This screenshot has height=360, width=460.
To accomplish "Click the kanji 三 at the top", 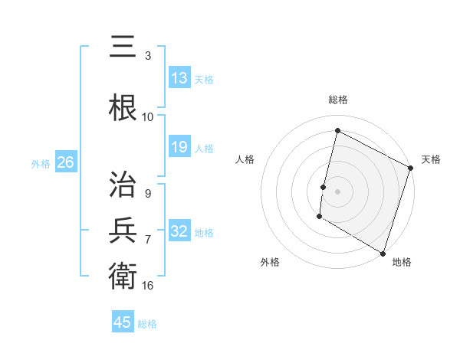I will pyautogui.click(x=123, y=47).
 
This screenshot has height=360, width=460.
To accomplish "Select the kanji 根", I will pyautogui.click(x=123, y=106).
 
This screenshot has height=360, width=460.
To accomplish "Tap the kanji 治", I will pyautogui.click(x=123, y=184).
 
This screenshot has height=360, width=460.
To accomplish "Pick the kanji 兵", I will pyautogui.click(x=123, y=229).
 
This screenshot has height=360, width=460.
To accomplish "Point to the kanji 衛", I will pyautogui.click(x=123, y=274).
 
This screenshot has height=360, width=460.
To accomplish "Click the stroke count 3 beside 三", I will pyautogui.click(x=147, y=56).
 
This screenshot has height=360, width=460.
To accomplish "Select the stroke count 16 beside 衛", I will pyautogui.click(x=148, y=285).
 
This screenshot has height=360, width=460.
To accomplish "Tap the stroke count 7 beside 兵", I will pyautogui.click(x=147, y=240).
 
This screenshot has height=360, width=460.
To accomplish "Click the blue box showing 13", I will pyautogui.click(x=179, y=78).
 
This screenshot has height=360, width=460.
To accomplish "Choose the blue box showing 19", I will pyautogui.click(x=179, y=147).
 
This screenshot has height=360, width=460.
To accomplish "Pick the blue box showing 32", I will pyautogui.click(x=179, y=231).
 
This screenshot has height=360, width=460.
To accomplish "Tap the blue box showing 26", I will pyautogui.click(x=65, y=163).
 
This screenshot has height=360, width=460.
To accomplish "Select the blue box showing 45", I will pyautogui.click(x=123, y=322).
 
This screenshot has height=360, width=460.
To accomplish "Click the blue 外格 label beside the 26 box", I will pyautogui.click(x=41, y=164).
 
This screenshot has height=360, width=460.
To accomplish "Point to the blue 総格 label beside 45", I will pyautogui.click(x=147, y=324).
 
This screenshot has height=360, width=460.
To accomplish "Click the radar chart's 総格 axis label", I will pyautogui.click(x=337, y=100).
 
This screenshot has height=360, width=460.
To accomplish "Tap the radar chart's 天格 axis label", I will pyautogui.click(x=431, y=159).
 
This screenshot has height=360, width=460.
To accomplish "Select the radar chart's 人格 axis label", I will pyautogui.click(x=245, y=159).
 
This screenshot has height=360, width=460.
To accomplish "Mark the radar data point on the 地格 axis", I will pyautogui.click(x=382, y=252).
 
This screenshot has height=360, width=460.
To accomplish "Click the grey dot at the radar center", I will pyautogui.click(x=337, y=191).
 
